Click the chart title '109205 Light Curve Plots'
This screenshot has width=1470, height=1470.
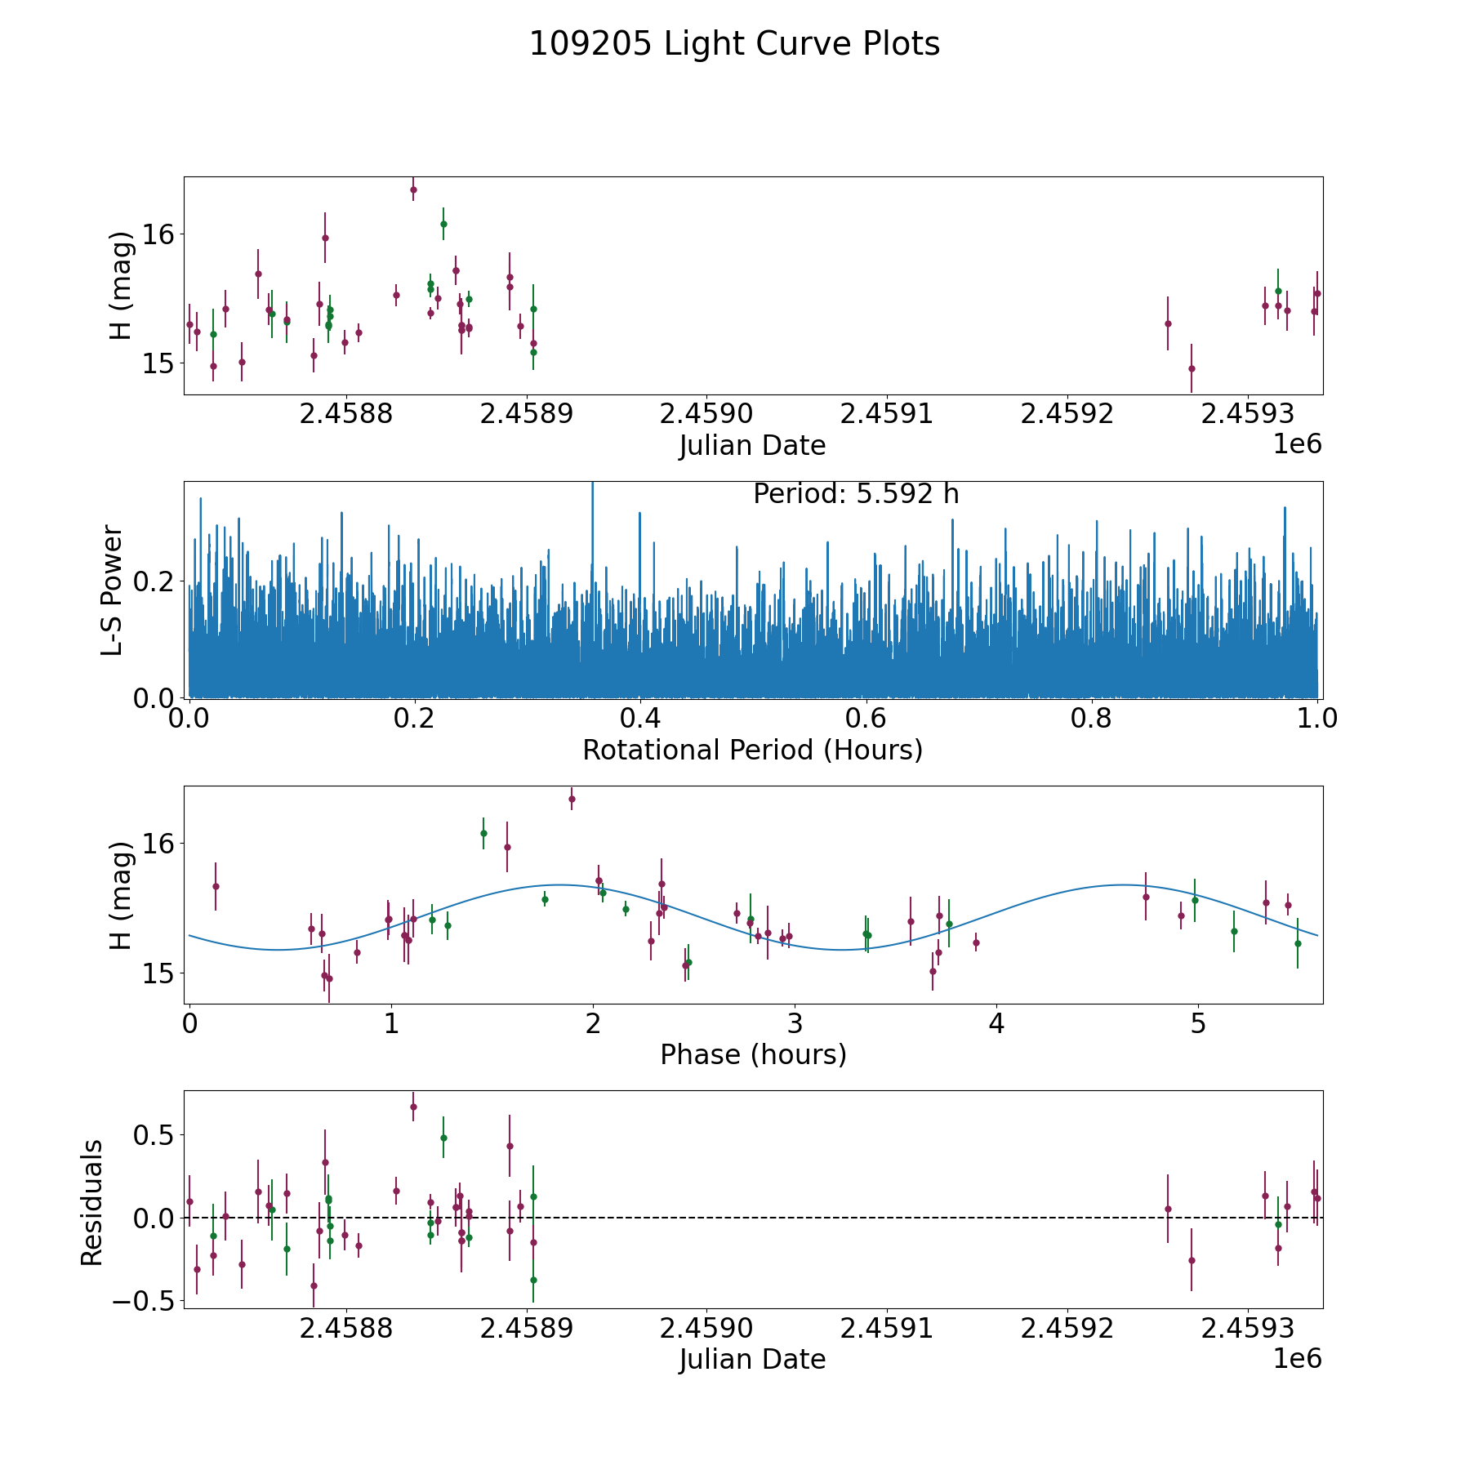[x=734, y=45]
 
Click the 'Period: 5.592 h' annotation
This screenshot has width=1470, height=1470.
[x=855, y=494]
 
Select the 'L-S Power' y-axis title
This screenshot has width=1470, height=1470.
[x=113, y=590]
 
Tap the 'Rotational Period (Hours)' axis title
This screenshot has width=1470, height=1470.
[x=752, y=750]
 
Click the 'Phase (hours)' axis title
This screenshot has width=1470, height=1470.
[x=752, y=1055]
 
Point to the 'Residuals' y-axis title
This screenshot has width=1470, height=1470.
[x=92, y=1202]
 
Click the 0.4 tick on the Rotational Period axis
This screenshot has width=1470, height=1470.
[x=640, y=719]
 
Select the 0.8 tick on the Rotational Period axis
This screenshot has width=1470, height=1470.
[x=1092, y=719]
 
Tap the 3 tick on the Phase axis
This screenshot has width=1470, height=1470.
[x=795, y=1024]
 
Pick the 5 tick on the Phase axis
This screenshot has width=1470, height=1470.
[x=1198, y=1024]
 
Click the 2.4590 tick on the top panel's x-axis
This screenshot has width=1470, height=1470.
[x=706, y=414]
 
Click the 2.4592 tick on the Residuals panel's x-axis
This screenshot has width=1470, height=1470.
[x=1067, y=1329]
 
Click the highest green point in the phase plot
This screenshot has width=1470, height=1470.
[x=483, y=833]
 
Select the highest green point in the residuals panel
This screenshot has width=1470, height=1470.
[x=443, y=1138]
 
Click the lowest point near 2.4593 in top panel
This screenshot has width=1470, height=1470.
[x=1192, y=368]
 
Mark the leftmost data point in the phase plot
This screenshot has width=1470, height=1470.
[x=216, y=886]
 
